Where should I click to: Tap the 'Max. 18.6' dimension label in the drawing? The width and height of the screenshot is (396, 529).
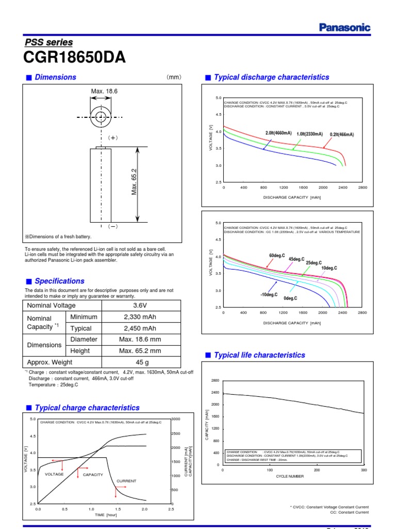(105, 91)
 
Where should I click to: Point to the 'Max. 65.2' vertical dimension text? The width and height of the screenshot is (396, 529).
(134, 181)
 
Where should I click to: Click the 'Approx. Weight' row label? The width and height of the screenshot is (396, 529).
(51, 362)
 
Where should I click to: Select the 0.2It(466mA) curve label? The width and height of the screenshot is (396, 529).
(339, 134)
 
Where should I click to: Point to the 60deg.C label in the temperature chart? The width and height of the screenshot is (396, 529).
(277, 256)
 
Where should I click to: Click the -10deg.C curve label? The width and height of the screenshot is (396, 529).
(269, 294)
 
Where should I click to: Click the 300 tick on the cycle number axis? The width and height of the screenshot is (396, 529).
(364, 470)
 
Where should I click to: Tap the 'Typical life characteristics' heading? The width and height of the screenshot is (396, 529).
(259, 355)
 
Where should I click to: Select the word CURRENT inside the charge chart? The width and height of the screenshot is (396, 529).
(126, 481)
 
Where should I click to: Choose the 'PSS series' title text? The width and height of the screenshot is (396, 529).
(49, 42)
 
